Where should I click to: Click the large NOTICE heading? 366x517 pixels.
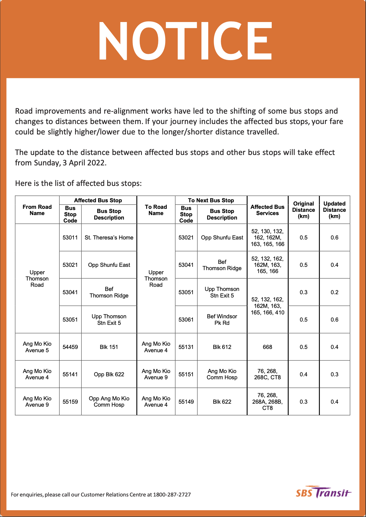[x=184, y=41]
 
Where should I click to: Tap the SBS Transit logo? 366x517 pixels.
[x=323, y=493]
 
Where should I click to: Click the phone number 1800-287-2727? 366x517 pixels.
[x=172, y=495]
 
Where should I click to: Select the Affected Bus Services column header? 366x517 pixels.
[x=267, y=210]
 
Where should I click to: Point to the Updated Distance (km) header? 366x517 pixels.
[x=334, y=210]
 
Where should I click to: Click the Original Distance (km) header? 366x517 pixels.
[x=304, y=210]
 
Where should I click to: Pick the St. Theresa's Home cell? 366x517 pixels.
[x=109, y=238]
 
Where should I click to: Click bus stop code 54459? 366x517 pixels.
[x=70, y=347]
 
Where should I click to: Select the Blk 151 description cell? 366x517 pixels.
[x=109, y=347]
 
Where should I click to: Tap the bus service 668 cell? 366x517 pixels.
[x=267, y=347]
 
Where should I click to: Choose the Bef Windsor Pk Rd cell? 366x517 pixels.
[x=222, y=320]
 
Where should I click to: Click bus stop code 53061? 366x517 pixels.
[x=186, y=320]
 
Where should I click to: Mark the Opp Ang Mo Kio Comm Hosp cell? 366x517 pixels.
[x=109, y=402]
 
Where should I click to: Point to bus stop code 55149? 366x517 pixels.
[x=186, y=402]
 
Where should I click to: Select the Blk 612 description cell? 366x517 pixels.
[x=222, y=347]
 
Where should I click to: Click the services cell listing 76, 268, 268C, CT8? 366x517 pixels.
[x=267, y=375]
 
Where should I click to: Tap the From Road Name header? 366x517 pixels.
[x=37, y=210]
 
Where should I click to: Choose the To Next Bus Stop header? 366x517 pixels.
[x=211, y=200]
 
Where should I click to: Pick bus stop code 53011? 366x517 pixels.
[x=70, y=238]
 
